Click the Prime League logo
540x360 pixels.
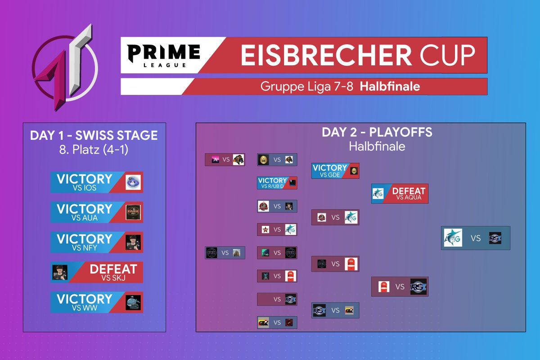point(163,56)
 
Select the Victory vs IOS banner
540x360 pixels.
point(96,182)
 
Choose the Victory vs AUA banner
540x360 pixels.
point(96,212)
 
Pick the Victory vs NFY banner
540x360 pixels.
point(96,242)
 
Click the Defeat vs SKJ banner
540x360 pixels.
point(96,272)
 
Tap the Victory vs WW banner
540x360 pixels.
point(96,302)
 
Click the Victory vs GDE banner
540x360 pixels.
point(335,171)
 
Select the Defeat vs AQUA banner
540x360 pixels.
point(400,193)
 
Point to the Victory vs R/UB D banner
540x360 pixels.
point(277,183)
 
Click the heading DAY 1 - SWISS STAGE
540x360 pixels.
point(94,135)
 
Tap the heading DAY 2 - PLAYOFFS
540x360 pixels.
point(377,132)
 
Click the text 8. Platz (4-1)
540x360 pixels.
point(94,149)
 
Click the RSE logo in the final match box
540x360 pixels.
point(495,238)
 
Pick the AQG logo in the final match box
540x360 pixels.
point(453,238)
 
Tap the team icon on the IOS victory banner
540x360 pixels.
point(133,182)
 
